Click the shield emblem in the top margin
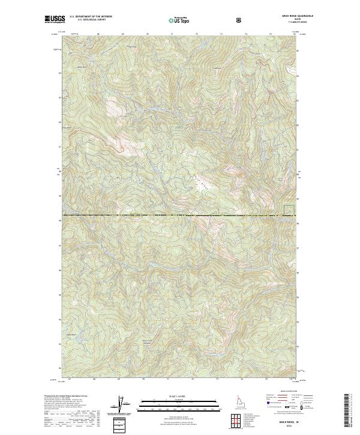(240, 20)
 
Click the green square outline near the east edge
(289, 210)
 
